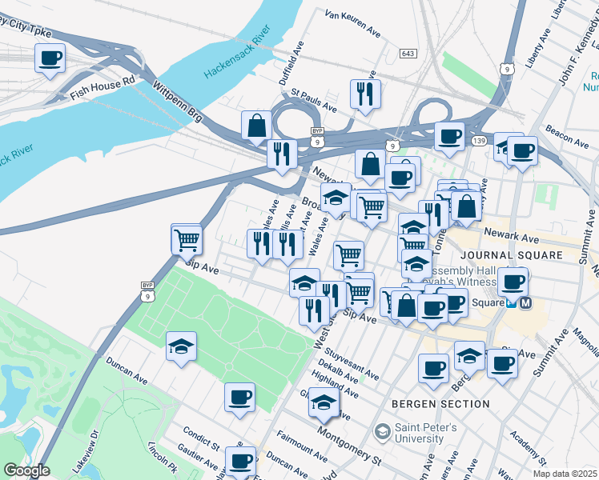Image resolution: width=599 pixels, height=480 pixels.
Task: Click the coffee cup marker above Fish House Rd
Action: click(x=50, y=58)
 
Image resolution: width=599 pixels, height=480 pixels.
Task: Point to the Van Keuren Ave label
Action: click(x=352, y=23)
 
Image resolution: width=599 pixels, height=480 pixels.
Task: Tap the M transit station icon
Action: click(x=525, y=303)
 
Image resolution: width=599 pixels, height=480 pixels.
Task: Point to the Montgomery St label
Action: click(x=348, y=443)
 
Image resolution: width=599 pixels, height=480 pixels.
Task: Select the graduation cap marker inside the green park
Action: click(x=181, y=346)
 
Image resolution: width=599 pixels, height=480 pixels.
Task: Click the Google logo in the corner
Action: click(x=26, y=470)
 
